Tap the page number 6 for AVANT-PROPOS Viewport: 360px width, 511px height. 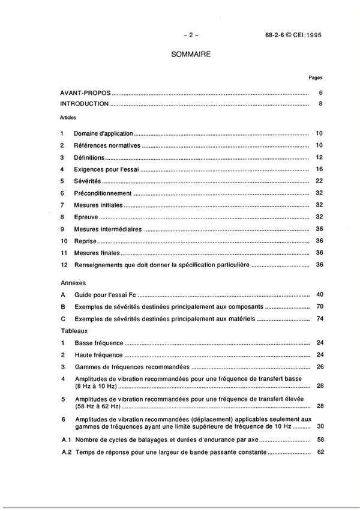pos(322,93)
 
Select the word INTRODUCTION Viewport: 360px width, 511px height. pos(85,104)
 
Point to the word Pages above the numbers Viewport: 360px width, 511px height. pos(316,78)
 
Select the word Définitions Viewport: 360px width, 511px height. pos(89,157)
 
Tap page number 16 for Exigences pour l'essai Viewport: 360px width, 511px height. pos(320,169)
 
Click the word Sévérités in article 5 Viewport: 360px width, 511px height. pos(88,181)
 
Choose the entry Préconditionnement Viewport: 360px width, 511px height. pos(103,193)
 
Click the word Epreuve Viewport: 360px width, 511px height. pos(86,217)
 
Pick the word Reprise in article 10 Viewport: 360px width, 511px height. pos(86,241)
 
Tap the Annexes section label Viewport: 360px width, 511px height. pos(73,282)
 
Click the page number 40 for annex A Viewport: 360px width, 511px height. pos(320,294)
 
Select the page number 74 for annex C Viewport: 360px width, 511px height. pos(320,318)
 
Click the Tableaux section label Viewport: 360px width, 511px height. pos(74,330)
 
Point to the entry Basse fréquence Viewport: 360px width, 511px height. pos(99,343)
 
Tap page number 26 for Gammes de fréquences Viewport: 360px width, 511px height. pos(320,366)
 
